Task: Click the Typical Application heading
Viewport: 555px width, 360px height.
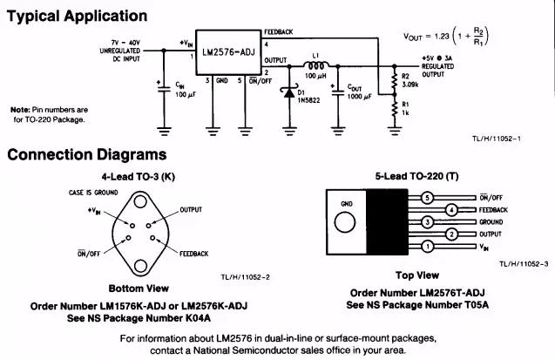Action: pos(77,17)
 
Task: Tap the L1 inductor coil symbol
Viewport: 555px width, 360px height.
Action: pos(316,65)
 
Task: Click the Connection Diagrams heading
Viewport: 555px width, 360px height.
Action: pos(86,155)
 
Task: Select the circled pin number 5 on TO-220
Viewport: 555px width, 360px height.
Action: pos(428,198)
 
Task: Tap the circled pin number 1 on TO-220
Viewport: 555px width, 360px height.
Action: pos(428,248)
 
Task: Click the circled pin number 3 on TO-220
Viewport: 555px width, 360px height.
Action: pos(428,222)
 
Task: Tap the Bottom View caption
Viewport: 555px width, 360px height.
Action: pos(138,289)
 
